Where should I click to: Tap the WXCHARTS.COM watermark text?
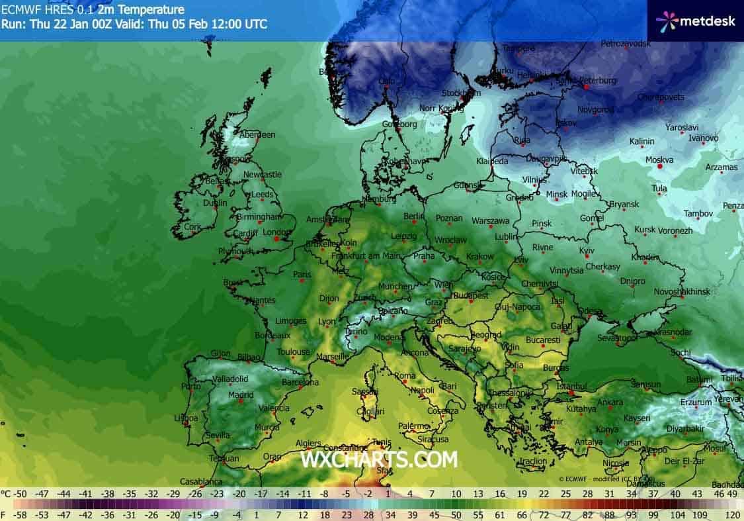click(378, 458)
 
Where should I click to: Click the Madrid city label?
click(240, 395)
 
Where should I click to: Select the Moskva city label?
click(659, 160)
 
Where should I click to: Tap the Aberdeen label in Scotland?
click(257, 134)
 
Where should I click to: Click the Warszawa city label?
click(491, 220)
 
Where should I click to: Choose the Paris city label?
click(302, 274)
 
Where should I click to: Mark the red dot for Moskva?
click(660, 167)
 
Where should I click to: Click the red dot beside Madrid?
click(242, 401)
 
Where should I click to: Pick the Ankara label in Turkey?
click(610, 402)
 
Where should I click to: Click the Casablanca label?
click(200, 481)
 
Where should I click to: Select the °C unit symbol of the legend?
click(6, 494)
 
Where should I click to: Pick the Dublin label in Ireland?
click(211, 204)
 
